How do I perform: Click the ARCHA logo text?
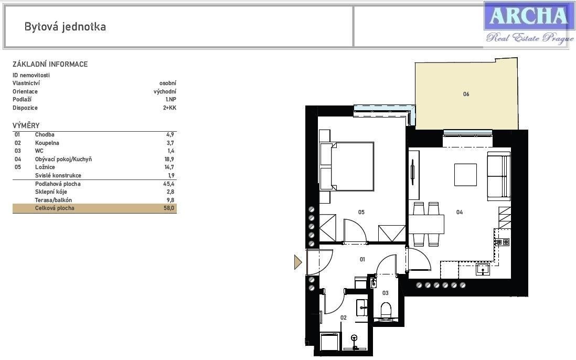pos(527,16)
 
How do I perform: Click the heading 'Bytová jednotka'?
pos(65,27)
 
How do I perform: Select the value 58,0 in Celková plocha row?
pos(169,208)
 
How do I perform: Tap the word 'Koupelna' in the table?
pos(47,143)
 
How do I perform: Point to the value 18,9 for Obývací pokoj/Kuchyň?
pos(169,159)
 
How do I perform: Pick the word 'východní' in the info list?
pos(165,91)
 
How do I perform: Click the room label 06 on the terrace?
pos(466,94)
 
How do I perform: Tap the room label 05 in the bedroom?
pos(361,213)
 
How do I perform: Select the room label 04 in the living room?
pos(460,213)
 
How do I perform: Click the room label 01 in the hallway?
pos(362,259)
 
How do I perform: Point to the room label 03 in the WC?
pos(386,293)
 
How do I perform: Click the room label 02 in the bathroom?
pos(344,317)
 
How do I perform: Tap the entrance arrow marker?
pos(298,262)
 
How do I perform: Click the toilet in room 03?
pos(386,310)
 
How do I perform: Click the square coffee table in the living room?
pos(465,175)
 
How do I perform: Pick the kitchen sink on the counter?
pos(483,270)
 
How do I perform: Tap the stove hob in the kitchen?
pos(502,242)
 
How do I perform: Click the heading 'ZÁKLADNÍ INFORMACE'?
pos(50,65)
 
